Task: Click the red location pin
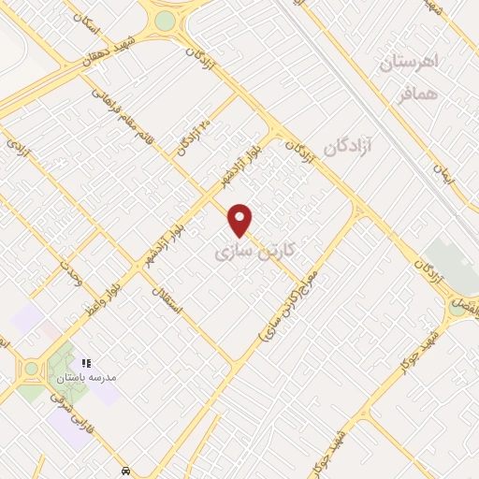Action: click(x=240, y=219)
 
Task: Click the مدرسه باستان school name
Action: click(x=86, y=378)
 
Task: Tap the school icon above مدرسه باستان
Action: click(x=86, y=362)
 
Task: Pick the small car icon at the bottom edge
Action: click(x=126, y=471)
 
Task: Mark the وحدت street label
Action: click(x=71, y=275)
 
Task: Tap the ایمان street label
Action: click(x=442, y=174)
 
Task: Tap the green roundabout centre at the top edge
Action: click(x=165, y=21)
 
